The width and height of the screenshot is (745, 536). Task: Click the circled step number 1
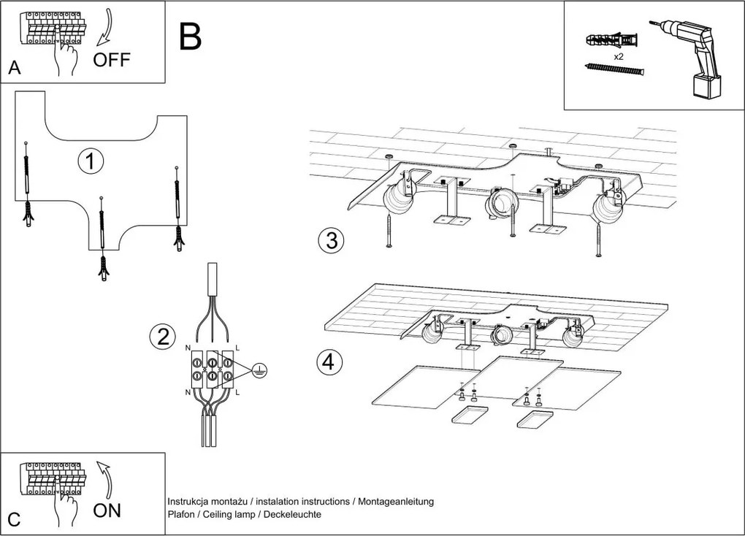pos(91,161)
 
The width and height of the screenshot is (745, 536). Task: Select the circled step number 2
pos(162,337)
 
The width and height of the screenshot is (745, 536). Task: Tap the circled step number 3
pos(331,240)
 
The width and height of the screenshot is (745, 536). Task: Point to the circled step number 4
pos(329,362)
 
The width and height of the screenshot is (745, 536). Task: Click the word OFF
pos(112,61)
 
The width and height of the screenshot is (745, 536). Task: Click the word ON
pos(107,510)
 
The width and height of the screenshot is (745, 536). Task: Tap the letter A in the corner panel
pos(15,68)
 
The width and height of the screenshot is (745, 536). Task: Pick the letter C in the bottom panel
pos(15,519)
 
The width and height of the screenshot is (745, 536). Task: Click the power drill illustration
pos(692,58)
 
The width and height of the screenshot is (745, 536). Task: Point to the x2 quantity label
pos(618,56)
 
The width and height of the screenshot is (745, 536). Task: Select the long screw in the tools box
pos(614,69)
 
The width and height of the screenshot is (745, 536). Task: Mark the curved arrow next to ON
pos(105,479)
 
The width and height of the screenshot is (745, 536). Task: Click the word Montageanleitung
pos(396,501)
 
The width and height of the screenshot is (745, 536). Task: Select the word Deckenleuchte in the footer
pos(292,514)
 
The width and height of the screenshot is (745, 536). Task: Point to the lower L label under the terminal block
pos(237,392)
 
